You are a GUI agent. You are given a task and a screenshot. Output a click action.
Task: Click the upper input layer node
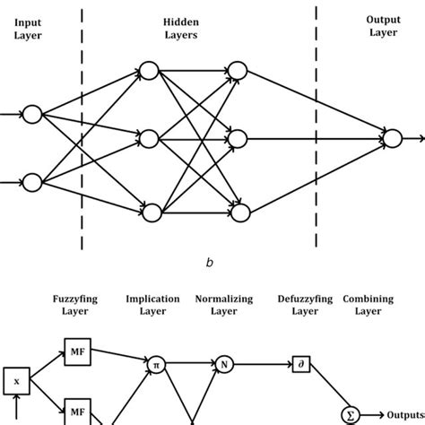click(32, 114)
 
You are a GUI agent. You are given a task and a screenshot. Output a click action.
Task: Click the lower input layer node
click(32, 183)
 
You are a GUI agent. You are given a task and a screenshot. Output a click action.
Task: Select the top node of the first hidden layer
click(151, 70)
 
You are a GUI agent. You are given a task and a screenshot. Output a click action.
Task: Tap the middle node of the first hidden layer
click(151, 139)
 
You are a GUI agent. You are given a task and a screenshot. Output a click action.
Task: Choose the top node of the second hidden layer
click(238, 70)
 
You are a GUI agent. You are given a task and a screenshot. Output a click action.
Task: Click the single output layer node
click(392, 138)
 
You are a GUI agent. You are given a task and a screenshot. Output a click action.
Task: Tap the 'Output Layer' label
click(383, 25)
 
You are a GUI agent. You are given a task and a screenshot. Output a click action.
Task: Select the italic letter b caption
click(209, 262)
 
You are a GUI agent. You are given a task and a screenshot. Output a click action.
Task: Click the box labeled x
click(15, 381)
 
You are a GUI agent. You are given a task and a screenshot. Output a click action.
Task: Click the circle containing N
click(222, 363)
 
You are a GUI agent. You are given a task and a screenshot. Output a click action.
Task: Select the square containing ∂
click(300, 364)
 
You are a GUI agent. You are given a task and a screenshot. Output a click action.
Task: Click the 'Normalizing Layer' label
click(223, 305)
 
